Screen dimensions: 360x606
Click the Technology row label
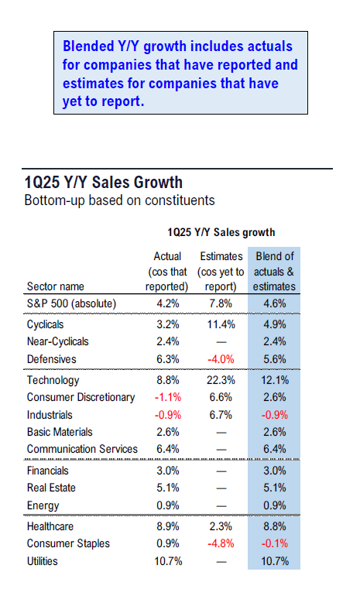53,380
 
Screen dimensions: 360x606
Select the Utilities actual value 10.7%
168,561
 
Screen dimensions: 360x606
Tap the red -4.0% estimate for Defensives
221,359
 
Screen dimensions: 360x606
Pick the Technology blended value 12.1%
275,380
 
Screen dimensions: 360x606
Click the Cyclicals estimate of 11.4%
221,324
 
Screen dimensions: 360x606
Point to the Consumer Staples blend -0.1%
275,544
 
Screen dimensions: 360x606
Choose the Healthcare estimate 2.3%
221,526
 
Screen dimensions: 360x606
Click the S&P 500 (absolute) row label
71,303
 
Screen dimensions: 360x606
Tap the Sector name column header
55,286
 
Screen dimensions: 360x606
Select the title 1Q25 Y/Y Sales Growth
103,183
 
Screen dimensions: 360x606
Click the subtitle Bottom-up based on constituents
119,200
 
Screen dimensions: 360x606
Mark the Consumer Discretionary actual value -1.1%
168,397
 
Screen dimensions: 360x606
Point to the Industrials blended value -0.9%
275,415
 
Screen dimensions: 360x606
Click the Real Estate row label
51,488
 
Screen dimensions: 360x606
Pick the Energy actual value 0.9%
168,505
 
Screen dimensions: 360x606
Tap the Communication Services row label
82,449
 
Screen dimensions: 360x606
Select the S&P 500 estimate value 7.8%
221,303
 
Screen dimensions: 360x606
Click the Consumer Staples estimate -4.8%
221,544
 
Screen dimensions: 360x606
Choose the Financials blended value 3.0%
275,471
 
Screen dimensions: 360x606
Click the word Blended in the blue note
86,46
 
